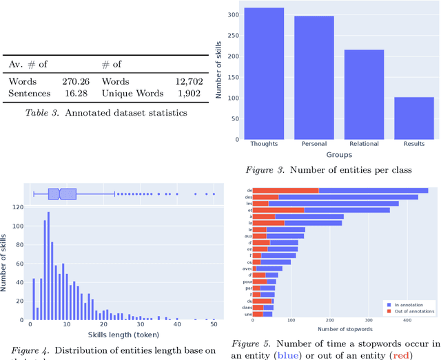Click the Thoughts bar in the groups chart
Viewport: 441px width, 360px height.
pyautogui.click(x=264, y=73)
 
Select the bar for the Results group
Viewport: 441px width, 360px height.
pyautogui.click(x=413, y=117)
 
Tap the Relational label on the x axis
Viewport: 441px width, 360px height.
pyautogui.click(x=364, y=145)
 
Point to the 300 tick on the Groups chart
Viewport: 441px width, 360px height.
pyautogui.click(x=234, y=14)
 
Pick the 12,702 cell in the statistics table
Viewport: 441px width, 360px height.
pyautogui.click(x=185, y=82)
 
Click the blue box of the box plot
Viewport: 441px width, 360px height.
pyautogui.click(x=62, y=195)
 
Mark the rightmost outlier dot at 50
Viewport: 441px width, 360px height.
pyautogui.click(x=214, y=195)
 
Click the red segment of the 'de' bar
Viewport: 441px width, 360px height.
pyautogui.click(x=286, y=190)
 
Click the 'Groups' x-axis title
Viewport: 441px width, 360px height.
pyautogui.click(x=338, y=155)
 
